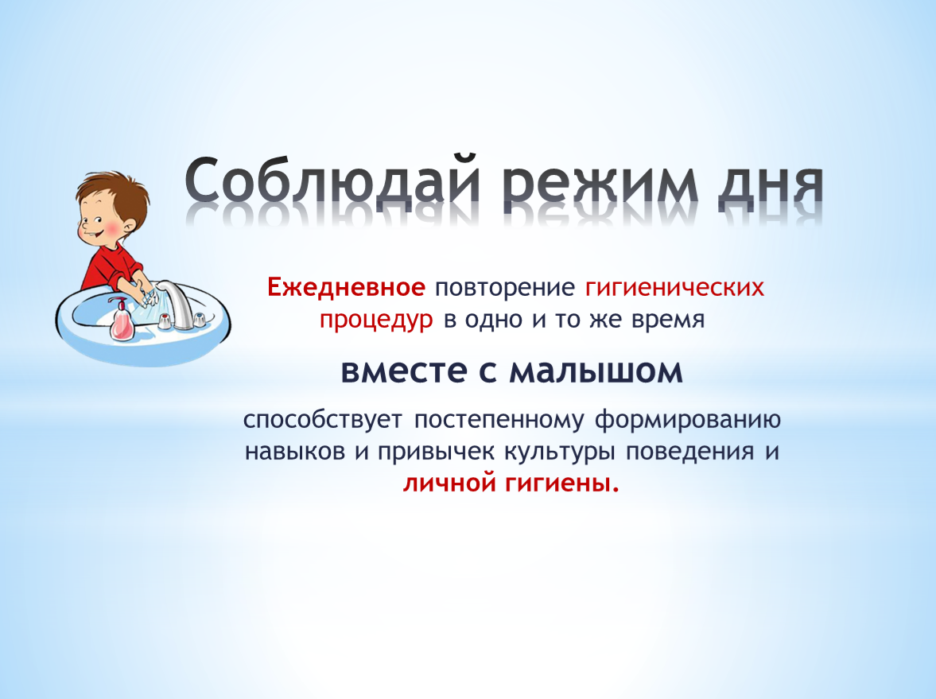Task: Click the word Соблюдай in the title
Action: click(x=332, y=181)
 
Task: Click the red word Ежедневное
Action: click(x=346, y=287)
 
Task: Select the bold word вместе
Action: click(x=404, y=371)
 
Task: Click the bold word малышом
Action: click(x=596, y=372)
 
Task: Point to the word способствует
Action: click(x=323, y=420)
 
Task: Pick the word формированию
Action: click(x=688, y=421)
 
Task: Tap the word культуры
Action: click(x=560, y=452)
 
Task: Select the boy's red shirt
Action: click(x=111, y=264)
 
